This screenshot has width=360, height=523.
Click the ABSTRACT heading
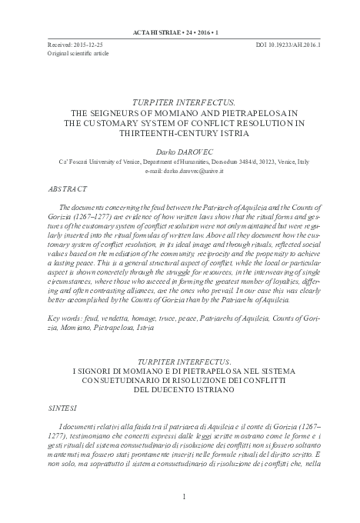pyautogui.click(x=68, y=187)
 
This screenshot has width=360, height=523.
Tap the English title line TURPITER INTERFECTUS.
pyautogui.click(x=180, y=101)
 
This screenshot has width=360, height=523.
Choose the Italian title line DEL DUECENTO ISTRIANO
pyautogui.click(x=180, y=388)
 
